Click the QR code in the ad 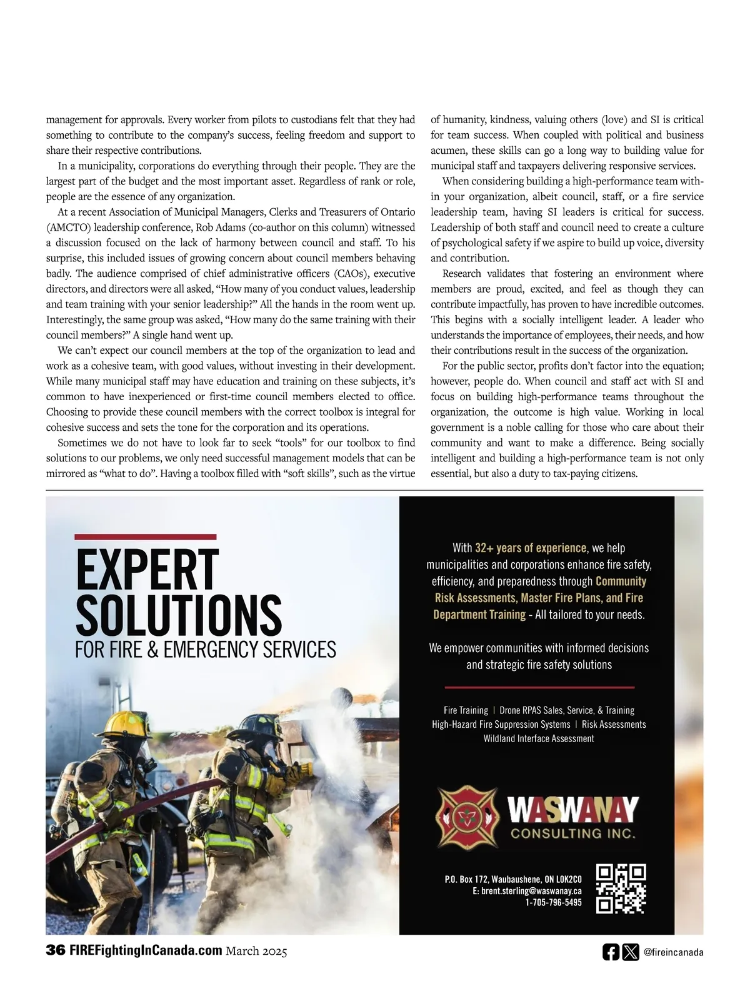click(621, 888)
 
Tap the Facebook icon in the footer click(611, 952)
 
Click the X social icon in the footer click(631, 952)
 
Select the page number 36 click(56, 951)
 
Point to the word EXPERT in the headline click(147, 570)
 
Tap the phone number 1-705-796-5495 click(553, 902)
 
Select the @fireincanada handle click(673, 952)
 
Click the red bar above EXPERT click(145, 536)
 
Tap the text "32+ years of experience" click(531, 548)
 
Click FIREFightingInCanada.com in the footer click(146, 951)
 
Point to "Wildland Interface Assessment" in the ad click(538, 738)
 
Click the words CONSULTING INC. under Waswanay click(573, 833)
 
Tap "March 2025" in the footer click(256, 952)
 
